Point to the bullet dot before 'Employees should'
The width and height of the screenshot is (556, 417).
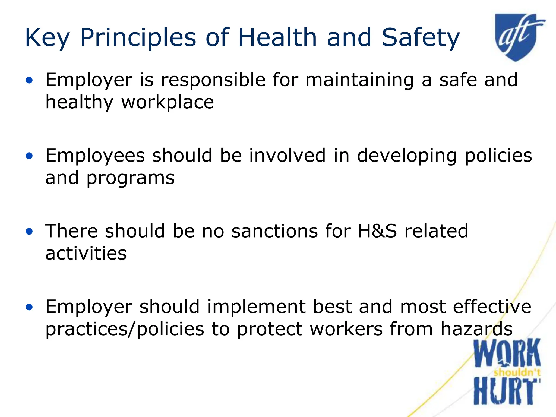pos(29,156)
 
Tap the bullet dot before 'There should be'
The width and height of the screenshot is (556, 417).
pos(29,231)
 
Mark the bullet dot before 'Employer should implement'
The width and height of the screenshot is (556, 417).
pos(29,307)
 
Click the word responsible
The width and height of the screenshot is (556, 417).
pos(213,80)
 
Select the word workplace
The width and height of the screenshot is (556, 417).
pos(168,103)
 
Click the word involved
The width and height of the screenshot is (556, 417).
pos(287,156)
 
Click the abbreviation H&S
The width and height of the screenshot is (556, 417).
pos(377,231)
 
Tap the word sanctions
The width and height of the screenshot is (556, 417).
pos(274,231)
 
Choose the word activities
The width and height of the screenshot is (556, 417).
pos(86,253)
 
